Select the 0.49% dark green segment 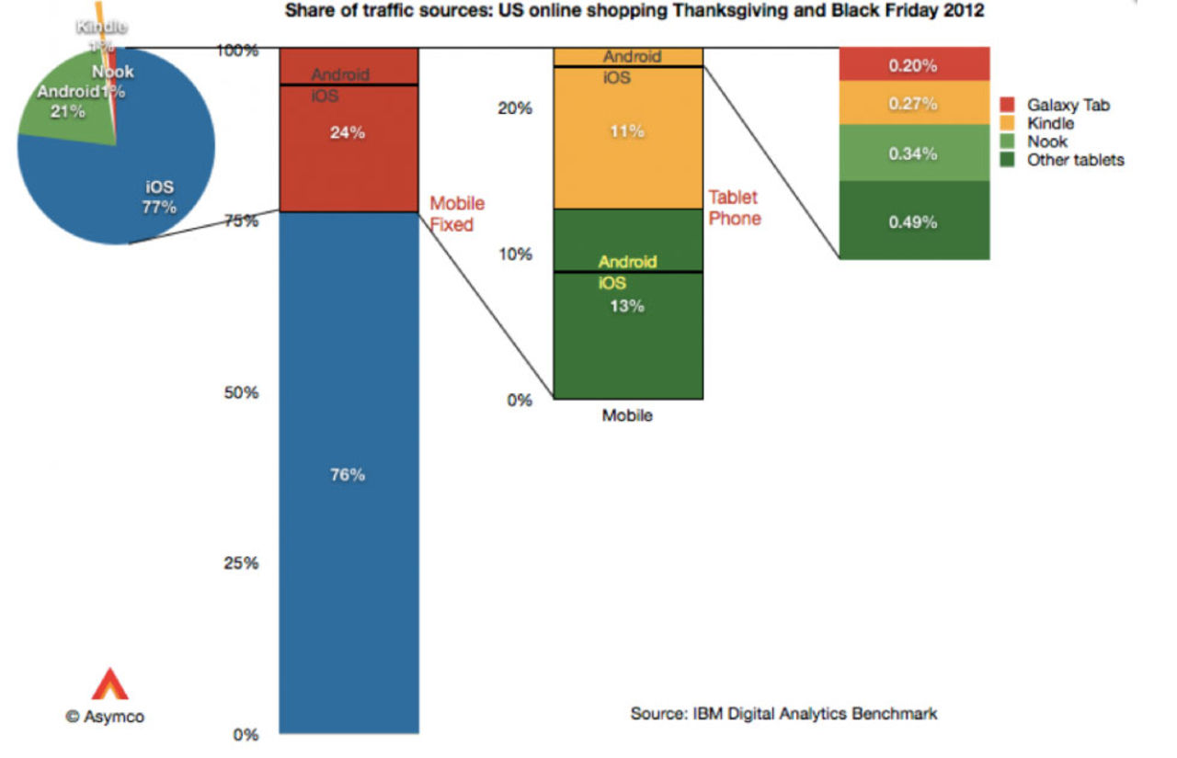(x=914, y=221)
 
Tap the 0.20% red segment (x=914, y=65)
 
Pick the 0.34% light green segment (x=914, y=153)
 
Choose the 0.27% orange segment (x=914, y=104)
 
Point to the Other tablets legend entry (x=1075, y=160)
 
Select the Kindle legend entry (x=1050, y=123)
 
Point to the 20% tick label (x=514, y=107)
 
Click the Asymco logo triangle (x=109, y=684)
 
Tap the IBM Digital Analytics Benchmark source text (x=783, y=713)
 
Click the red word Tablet (x=733, y=198)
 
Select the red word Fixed (x=451, y=224)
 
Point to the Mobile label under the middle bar (x=627, y=415)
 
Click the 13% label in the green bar (x=627, y=306)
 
